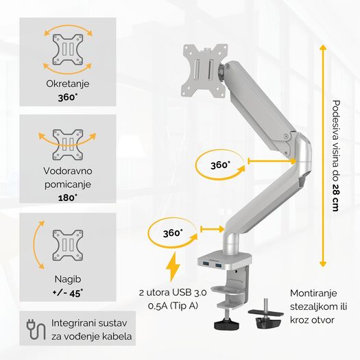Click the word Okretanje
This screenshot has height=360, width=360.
pos(67,84)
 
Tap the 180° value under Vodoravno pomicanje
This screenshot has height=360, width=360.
pos(68,197)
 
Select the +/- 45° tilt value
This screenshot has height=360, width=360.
pos(68,293)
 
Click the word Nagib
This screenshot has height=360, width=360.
pos(68,279)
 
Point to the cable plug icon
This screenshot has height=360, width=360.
pos(36,330)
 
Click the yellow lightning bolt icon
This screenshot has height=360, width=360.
pos(173,267)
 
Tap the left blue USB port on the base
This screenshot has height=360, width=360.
pos(206,265)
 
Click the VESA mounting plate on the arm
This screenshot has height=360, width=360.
pos(204,71)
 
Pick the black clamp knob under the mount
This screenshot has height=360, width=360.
pos(226,324)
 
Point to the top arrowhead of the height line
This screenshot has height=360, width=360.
pos(323,47)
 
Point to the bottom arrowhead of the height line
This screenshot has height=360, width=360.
pos(323,264)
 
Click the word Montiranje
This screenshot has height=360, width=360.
pos(313,293)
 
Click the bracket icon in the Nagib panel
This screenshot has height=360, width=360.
pos(68,245)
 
